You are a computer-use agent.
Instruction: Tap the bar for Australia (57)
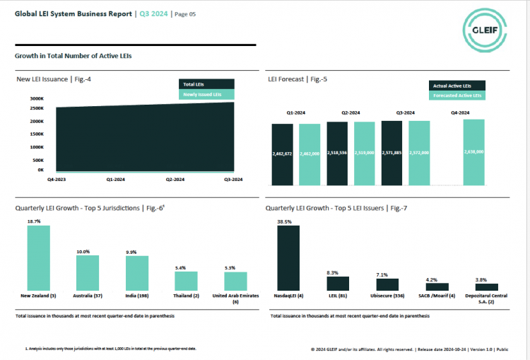88,272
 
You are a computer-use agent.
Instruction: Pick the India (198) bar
137,272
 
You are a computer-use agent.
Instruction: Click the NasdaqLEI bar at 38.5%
288,257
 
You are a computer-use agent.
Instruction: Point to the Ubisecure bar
387,284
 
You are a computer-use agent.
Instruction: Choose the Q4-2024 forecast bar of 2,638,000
474,152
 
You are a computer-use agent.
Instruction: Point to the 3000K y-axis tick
37,98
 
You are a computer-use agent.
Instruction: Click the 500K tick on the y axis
38,160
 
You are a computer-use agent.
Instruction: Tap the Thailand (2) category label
187,295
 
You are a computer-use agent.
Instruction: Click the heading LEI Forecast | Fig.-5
298,79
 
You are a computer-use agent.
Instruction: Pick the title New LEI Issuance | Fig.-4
54,79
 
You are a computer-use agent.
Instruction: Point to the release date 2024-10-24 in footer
444,349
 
